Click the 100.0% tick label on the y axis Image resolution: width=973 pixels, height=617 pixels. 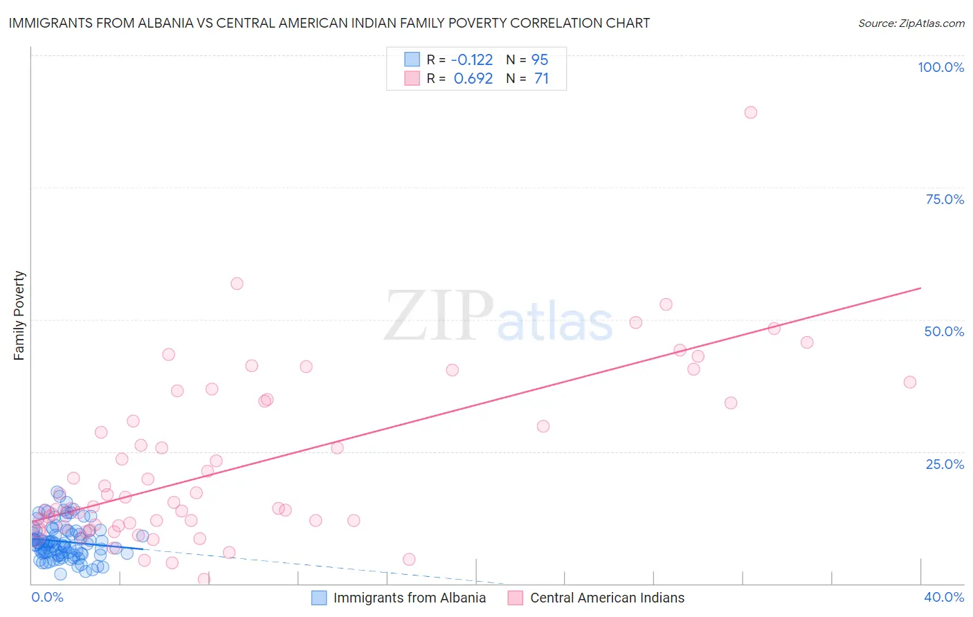(x=940, y=67)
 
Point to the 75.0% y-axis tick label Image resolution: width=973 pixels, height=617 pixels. (x=945, y=199)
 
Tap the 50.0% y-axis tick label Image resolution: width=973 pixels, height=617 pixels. (x=944, y=331)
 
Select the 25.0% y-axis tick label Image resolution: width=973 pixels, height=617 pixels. (x=945, y=463)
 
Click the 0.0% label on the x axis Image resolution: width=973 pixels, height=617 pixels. (x=47, y=597)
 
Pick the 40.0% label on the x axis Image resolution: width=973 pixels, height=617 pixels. (x=944, y=597)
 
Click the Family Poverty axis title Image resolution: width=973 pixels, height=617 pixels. (x=19, y=315)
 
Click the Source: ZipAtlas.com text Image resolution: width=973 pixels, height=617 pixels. (x=911, y=23)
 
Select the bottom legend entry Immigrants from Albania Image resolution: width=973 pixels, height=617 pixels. (x=409, y=598)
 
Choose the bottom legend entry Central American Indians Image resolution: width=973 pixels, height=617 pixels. (x=606, y=598)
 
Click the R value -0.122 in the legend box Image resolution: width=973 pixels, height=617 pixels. (x=472, y=59)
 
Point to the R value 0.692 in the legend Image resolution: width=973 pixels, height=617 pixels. (x=473, y=78)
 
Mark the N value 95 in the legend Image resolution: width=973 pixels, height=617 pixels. (x=540, y=59)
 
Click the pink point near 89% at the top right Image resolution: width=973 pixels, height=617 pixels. (x=751, y=112)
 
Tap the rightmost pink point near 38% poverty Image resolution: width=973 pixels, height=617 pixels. (x=910, y=382)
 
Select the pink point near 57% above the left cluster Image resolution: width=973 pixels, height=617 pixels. (x=237, y=284)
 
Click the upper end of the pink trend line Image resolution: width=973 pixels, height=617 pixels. (x=920, y=288)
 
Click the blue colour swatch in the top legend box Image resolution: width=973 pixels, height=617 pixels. (x=412, y=59)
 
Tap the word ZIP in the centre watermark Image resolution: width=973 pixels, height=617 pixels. (x=439, y=316)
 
